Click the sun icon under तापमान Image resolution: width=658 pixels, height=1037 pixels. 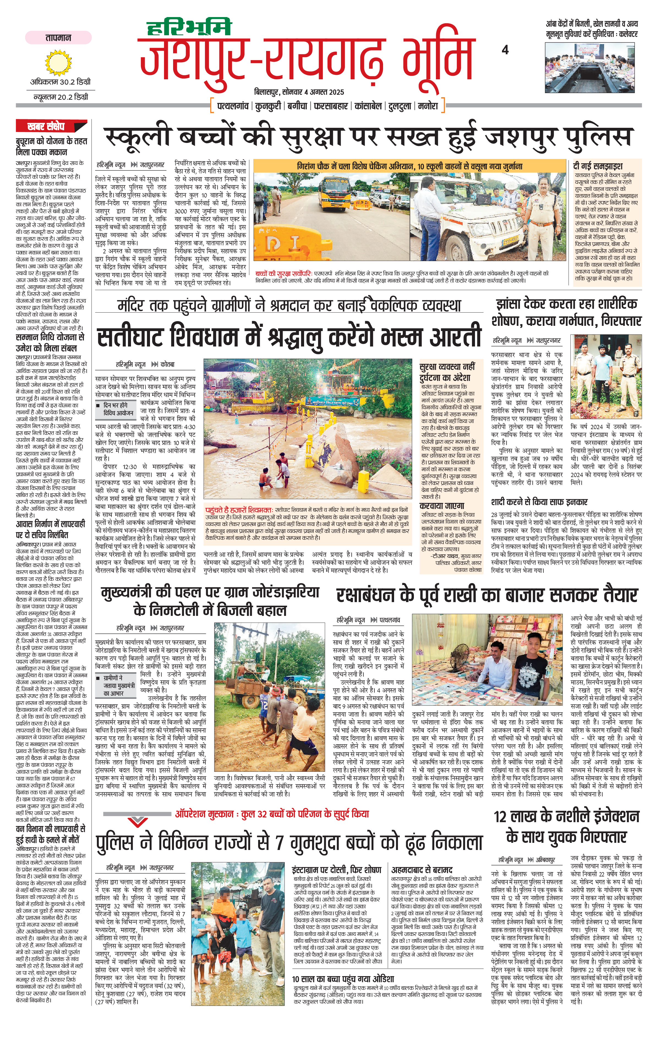58,62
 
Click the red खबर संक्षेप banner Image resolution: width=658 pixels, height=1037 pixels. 46,126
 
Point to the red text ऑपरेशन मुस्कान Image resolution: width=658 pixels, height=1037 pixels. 201,814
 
